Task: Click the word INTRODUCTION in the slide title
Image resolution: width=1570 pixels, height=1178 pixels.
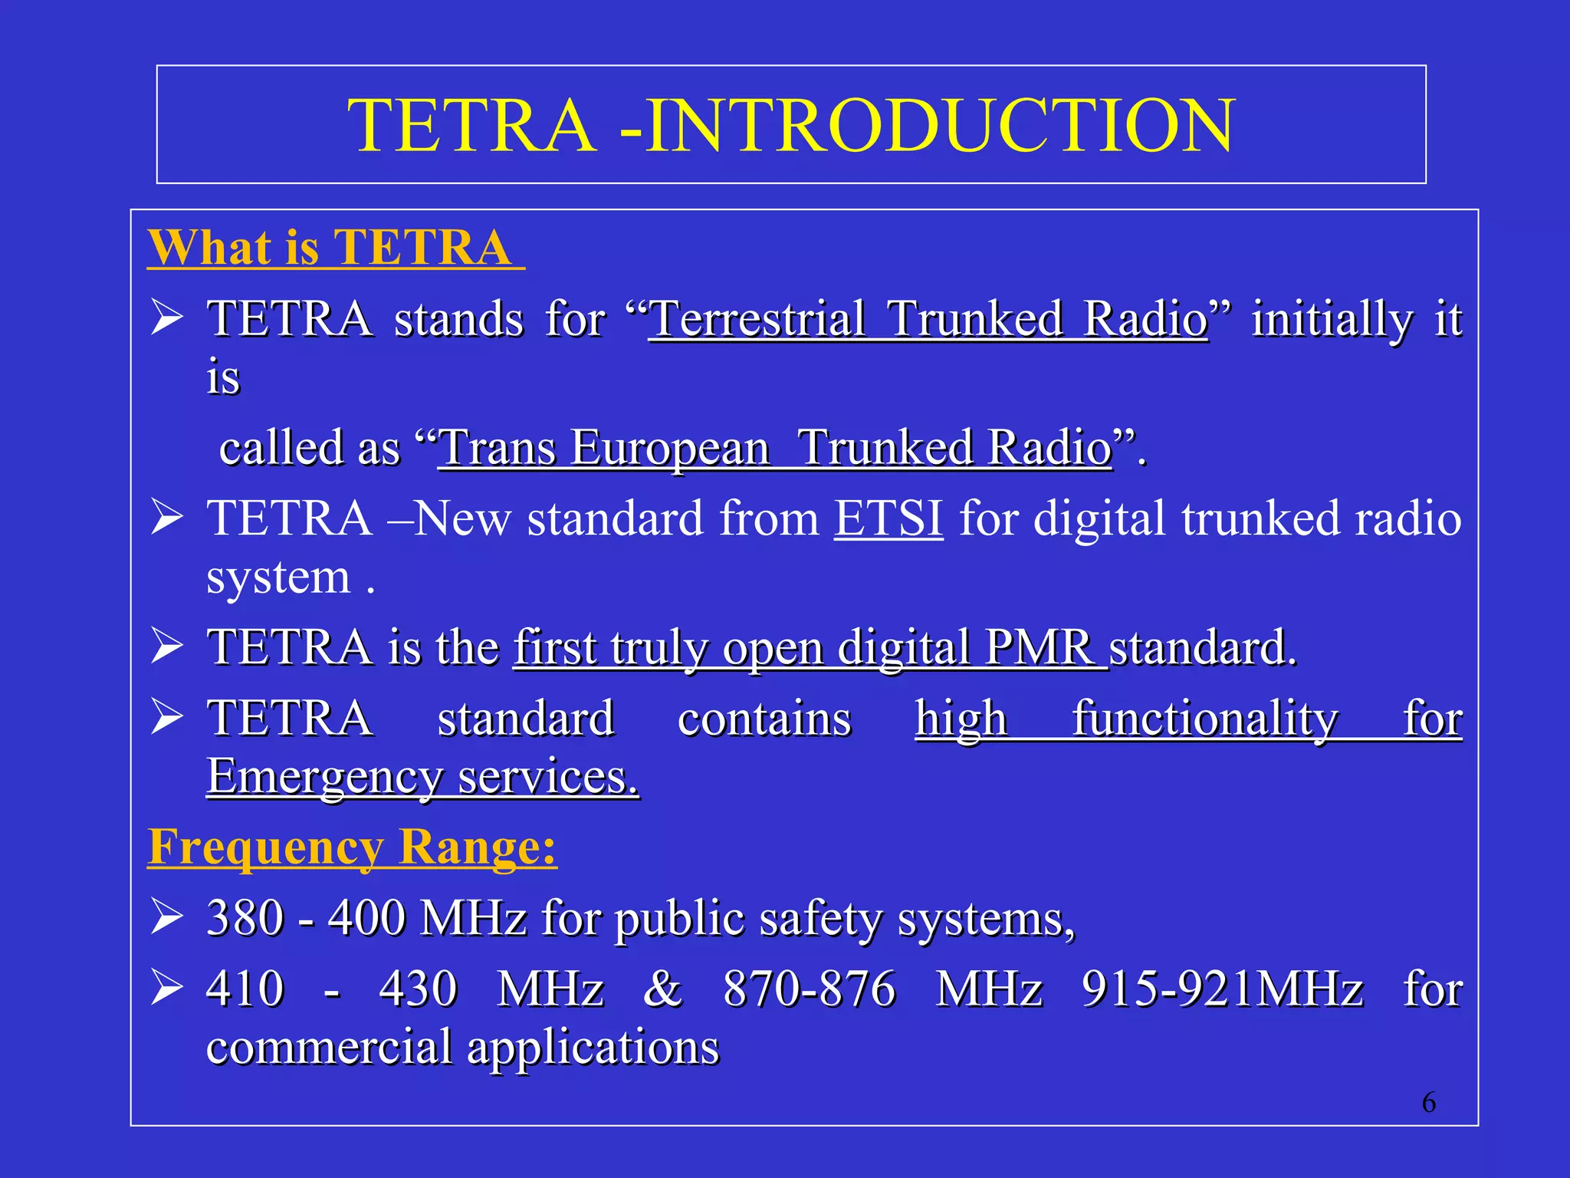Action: (x=939, y=126)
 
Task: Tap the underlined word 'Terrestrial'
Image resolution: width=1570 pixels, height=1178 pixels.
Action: (x=757, y=318)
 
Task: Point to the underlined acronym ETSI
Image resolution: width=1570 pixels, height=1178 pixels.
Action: (x=888, y=518)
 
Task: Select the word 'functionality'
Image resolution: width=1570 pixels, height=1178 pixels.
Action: (x=1205, y=719)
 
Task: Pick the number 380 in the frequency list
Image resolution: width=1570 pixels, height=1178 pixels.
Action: (x=245, y=917)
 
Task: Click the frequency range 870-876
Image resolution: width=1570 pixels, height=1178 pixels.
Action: (x=810, y=988)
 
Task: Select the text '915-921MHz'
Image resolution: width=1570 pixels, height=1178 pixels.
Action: (x=1223, y=988)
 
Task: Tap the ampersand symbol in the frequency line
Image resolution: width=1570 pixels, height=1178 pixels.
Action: (x=663, y=988)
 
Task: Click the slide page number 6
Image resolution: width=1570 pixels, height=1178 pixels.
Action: (x=1429, y=1103)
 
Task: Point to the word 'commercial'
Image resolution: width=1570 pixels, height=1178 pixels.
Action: (x=329, y=1047)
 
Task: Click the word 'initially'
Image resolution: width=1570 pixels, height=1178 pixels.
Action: (x=1332, y=319)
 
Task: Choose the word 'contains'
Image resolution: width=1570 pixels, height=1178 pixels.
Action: (x=764, y=719)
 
